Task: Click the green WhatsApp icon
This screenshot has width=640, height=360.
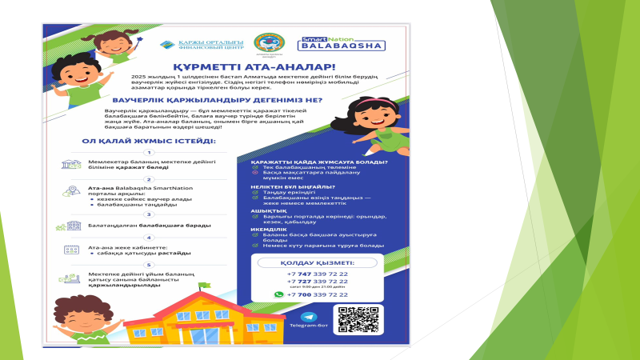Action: [x=278, y=294]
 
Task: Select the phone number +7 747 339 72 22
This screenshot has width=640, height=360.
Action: [x=318, y=274]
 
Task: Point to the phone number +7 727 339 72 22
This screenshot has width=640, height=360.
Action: [x=318, y=282]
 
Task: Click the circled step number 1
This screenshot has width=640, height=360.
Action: [x=147, y=152]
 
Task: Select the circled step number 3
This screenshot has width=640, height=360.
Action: [x=147, y=214]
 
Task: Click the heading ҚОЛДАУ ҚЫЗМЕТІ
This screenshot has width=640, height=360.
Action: [x=318, y=262]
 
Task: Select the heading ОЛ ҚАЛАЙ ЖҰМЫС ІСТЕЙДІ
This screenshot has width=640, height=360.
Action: [x=148, y=141]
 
